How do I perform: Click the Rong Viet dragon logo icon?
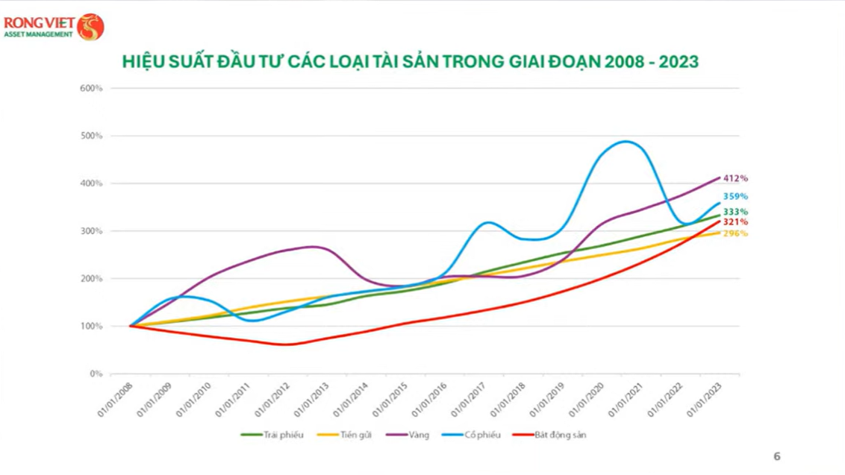click(90, 26)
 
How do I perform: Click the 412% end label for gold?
click(735, 178)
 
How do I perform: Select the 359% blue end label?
click(735, 197)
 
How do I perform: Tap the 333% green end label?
click(735, 212)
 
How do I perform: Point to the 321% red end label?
click(735, 222)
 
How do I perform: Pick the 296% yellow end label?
click(735, 233)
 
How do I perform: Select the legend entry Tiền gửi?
click(355, 435)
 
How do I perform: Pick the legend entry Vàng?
click(419, 435)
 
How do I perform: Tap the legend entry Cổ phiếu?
click(481, 435)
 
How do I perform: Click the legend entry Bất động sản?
click(561, 435)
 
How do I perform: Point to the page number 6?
click(776, 456)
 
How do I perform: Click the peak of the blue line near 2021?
click(624, 141)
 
